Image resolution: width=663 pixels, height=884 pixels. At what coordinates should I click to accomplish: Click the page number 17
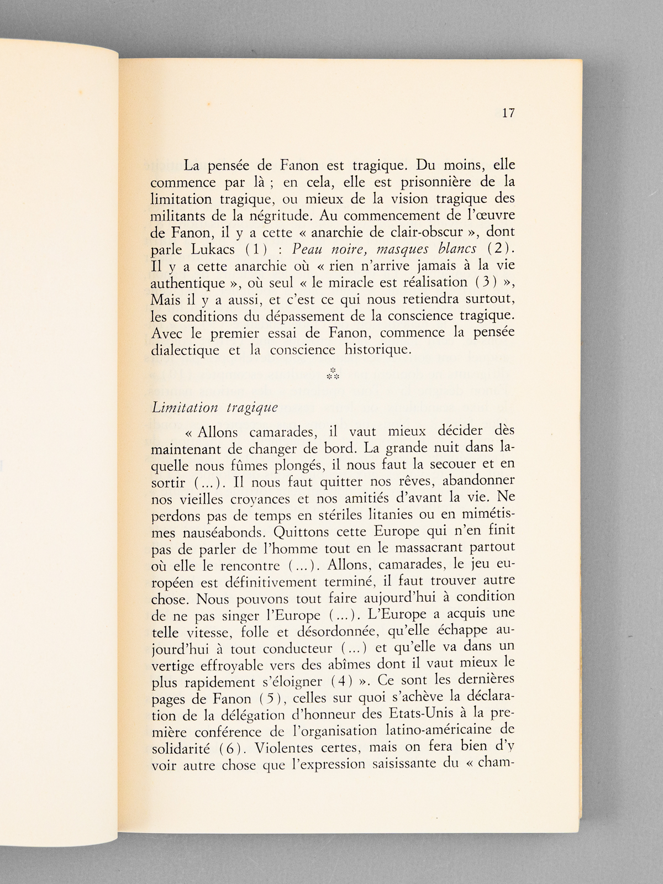pyautogui.click(x=508, y=113)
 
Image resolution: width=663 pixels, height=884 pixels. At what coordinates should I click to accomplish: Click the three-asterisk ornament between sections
pyautogui.click(x=332, y=374)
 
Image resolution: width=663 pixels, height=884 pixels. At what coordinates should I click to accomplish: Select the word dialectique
pyautogui.click(x=185, y=350)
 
